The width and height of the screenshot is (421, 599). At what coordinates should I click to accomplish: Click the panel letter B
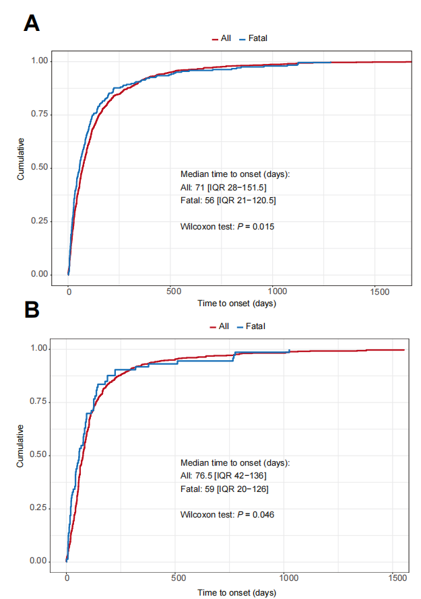point(32,310)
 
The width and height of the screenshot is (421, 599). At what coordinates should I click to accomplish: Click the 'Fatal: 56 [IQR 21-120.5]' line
point(233,200)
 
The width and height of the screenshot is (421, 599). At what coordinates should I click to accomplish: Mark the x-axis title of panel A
point(236,304)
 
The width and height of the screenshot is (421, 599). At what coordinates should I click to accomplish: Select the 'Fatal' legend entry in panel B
point(256,326)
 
